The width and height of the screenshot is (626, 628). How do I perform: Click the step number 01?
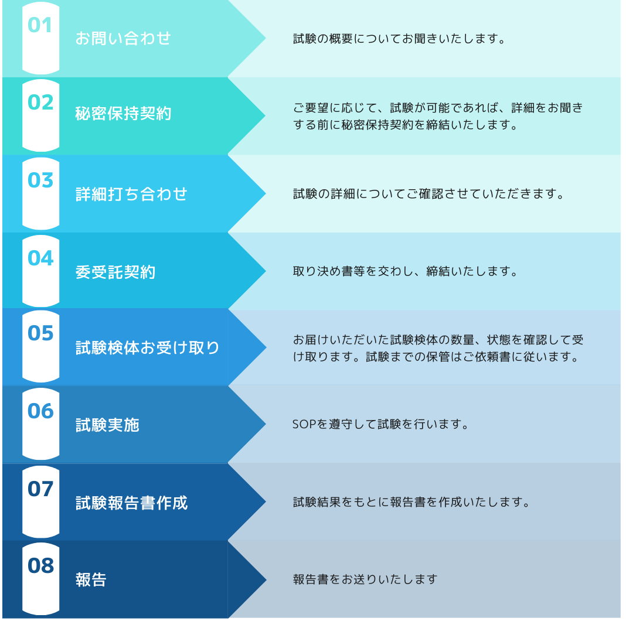(40, 25)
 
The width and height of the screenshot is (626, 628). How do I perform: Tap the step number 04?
(40, 258)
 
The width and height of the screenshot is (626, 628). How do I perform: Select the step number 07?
(40, 489)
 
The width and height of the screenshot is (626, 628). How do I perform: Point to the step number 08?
(40, 565)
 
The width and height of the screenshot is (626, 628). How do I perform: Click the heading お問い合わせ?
(123, 39)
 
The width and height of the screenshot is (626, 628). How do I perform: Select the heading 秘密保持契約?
(124, 114)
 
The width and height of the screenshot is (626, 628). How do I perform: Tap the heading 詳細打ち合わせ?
(131, 194)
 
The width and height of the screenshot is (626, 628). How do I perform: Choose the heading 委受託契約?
(115, 272)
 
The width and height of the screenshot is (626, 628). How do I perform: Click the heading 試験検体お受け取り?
(148, 347)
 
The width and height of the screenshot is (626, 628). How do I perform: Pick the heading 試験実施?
(107, 425)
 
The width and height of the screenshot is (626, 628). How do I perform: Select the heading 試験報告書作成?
(131, 503)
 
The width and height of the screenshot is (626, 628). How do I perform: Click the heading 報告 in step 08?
(91, 579)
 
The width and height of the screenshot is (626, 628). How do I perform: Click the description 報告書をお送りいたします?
(365, 579)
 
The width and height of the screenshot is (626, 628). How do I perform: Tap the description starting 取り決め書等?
(405, 272)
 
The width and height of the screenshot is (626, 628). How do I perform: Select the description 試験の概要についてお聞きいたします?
(399, 39)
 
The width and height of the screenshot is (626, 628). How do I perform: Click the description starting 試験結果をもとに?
(411, 502)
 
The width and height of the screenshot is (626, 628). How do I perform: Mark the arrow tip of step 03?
(265, 193)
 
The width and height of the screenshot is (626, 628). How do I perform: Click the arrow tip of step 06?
(265, 424)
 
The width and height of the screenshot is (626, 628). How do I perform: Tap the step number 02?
(40, 103)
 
